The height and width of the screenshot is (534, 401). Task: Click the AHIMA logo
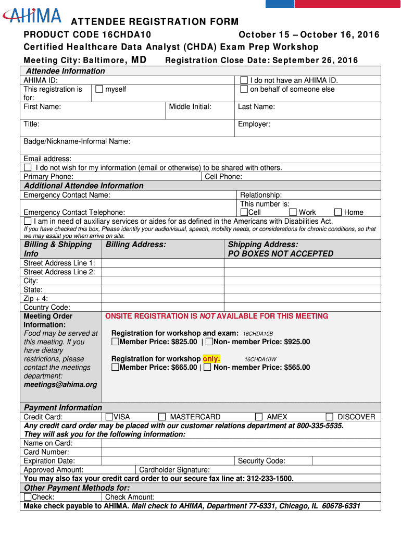[32, 15]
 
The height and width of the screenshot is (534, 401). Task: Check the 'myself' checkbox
[99, 89]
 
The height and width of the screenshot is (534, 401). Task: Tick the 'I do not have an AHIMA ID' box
[244, 80]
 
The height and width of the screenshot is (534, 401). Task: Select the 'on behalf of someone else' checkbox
[244, 89]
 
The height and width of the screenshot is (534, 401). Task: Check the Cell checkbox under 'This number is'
[244, 212]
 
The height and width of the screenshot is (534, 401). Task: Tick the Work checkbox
[293, 212]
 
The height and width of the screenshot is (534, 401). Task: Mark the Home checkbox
[338, 212]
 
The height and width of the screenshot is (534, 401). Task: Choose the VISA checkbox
[109, 417]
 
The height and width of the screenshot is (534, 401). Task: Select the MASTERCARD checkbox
[162, 417]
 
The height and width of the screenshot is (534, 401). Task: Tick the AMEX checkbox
[259, 417]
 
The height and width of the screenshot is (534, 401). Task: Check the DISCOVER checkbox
[329, 417]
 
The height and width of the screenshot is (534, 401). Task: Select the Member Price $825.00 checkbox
[115, 342]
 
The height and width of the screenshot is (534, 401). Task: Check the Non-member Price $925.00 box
[209, 342]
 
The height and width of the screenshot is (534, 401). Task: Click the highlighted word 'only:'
[211, 359]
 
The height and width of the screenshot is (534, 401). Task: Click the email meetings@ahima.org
[60, 384]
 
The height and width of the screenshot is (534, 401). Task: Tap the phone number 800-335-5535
[320, 426]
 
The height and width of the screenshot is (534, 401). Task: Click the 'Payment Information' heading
[63, 407]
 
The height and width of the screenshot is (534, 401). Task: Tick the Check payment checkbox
[28, 497]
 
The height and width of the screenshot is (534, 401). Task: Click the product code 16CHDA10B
[258, 334]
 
